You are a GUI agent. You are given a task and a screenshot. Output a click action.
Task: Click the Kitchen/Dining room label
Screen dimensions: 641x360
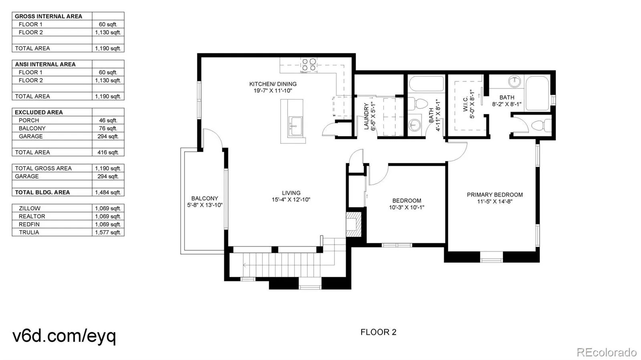273,84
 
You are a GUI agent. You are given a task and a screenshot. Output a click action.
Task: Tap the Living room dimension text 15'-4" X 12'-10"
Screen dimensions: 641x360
291,199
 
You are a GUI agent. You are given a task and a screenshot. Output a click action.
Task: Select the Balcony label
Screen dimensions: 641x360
205,198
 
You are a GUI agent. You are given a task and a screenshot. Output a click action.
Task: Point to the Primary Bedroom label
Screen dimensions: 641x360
495,195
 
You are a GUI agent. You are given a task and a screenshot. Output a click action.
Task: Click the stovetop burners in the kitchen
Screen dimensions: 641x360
309,64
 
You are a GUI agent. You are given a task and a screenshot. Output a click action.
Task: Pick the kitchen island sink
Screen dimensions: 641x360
295,126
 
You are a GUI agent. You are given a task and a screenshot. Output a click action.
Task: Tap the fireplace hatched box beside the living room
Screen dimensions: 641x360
354,224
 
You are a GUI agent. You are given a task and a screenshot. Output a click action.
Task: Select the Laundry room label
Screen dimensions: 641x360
366,117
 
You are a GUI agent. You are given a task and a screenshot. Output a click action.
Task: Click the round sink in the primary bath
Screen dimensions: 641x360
514,81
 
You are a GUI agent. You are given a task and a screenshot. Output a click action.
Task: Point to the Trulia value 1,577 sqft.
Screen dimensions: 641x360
108,232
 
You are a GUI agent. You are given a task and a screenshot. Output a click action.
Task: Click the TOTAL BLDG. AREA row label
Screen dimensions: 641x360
42,192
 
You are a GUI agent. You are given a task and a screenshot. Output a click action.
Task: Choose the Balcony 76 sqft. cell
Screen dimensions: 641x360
108,128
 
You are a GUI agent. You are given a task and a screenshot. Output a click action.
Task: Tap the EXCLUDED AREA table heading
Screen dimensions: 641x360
38,113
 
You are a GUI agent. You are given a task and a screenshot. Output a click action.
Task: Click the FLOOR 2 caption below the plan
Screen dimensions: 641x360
378,332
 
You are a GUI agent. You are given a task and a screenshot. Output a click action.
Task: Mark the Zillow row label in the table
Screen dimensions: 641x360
30,208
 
